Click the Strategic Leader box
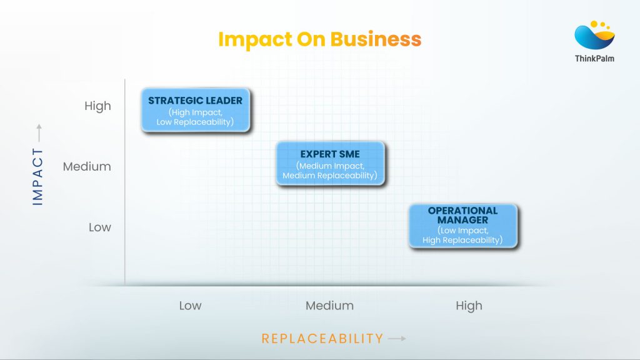[196, 110]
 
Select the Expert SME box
[330, 164]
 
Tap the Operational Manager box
[462, 226]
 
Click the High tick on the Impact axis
[97, 106]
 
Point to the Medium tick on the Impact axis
[87, 167]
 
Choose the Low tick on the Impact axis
[100, 227]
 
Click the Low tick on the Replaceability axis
[190, 306]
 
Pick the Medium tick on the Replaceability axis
[329, 306]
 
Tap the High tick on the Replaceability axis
[469, 306]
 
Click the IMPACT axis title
[38, 177]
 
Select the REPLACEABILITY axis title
[322, 339]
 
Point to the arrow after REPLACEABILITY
[397, 339]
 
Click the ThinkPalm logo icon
[594, 35]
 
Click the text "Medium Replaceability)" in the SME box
[330, 176]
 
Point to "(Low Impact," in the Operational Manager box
[462, 231]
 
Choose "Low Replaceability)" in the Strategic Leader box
[196, 122]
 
